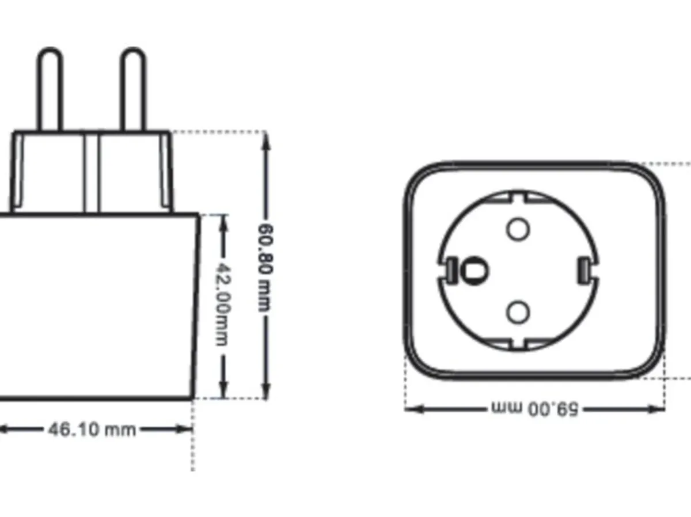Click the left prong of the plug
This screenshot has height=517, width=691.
pyautogui.click(x=50, y=89)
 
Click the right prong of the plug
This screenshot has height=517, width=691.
pyautogui.click(x=133, y=89)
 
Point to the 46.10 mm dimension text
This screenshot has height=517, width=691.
pyautogui.click(x=92, y=429)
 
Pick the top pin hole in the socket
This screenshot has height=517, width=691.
pyautogui.click(x=518, y=229)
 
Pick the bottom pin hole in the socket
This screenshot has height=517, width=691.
pyautogui.click(x=518, y=313)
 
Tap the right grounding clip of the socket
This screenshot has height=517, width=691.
pyautogui.click(x=583, y=269)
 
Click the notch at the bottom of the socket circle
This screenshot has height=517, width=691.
pyautogui.click(x=518, y=344)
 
